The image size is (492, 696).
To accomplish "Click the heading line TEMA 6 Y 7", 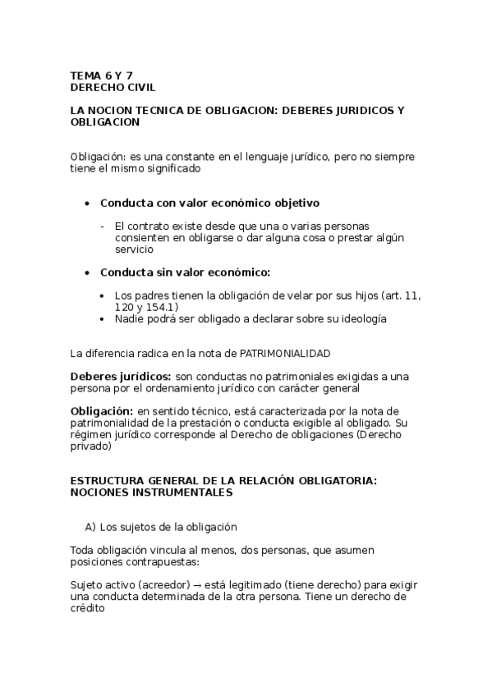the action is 102,75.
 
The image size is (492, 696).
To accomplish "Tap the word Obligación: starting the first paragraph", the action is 97,157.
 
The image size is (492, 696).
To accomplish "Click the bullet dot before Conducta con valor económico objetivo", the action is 88,203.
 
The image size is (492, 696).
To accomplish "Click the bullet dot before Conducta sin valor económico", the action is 88,272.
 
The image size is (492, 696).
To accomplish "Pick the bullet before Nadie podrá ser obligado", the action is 101,318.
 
